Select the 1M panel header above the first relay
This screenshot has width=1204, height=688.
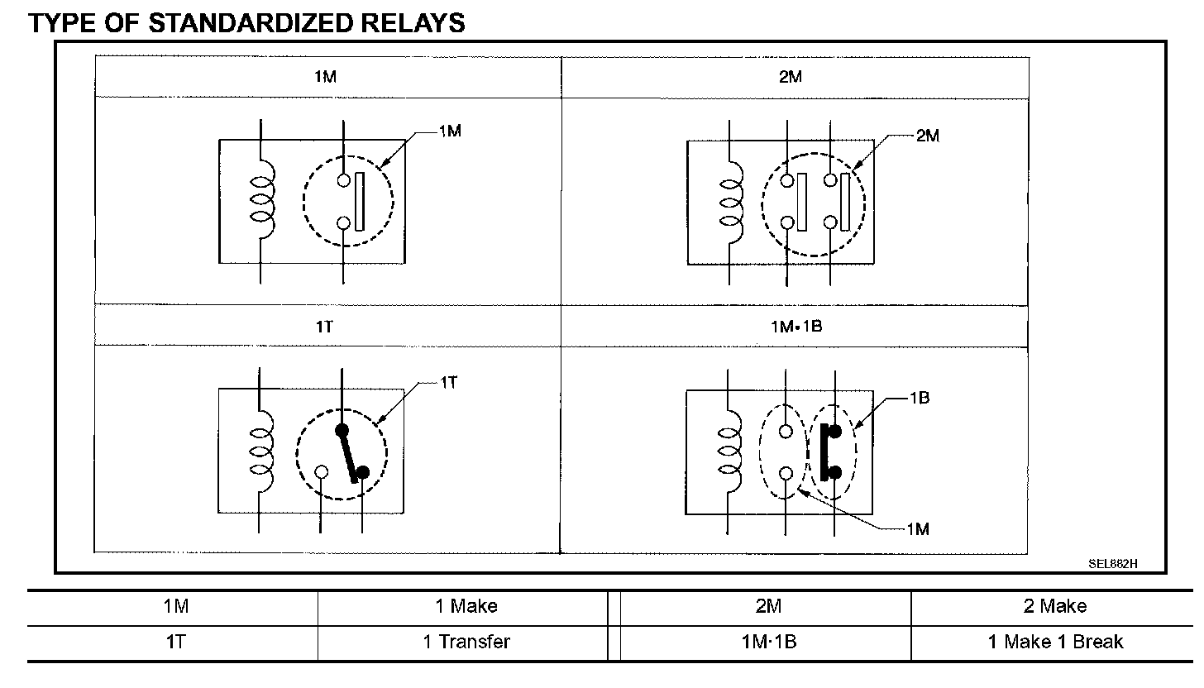(325, 77)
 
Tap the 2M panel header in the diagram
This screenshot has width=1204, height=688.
(791, 77)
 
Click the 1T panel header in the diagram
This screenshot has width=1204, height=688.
(324, 326)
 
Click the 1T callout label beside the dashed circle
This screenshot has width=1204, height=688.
(447, 383)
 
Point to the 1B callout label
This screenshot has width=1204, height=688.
(920, 398)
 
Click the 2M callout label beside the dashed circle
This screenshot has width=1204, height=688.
(928, 136)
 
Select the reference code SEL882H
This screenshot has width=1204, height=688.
(1113, 564)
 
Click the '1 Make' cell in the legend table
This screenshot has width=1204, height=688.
(466, 606)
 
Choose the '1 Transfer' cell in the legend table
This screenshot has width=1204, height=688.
(466, 642)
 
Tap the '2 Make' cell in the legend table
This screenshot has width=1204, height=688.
(1054, 606)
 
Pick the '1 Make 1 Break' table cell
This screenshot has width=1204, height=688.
(1054, 642)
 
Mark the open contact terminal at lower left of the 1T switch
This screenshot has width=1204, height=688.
(322, 472)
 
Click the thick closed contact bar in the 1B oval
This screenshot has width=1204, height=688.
(824, 451)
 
